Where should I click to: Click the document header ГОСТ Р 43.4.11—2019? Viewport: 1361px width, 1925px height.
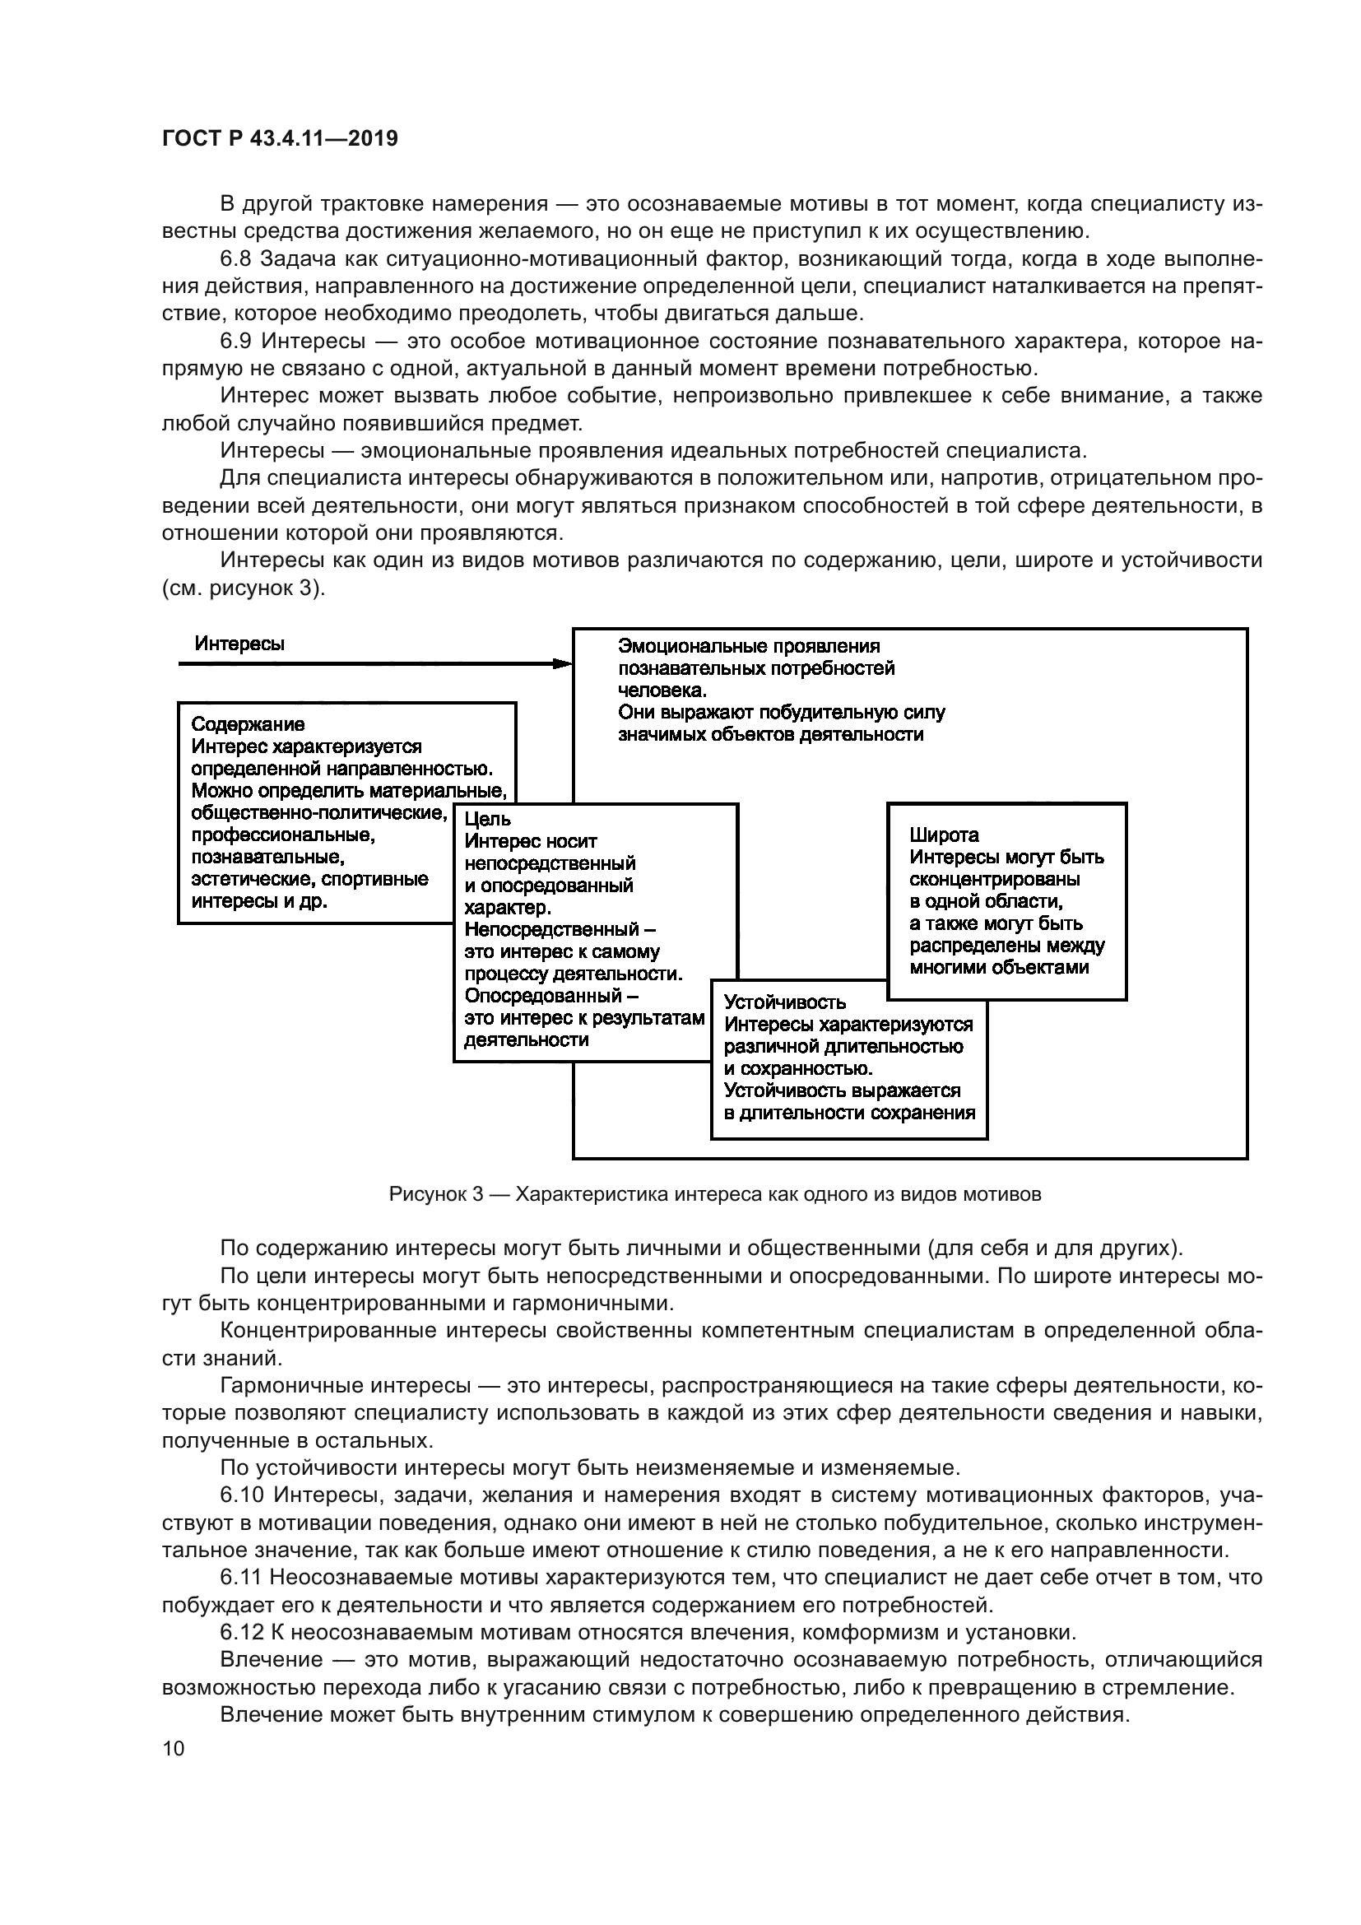(x=280, y=138)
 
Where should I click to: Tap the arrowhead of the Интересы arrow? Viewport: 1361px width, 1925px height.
(x=563, y=663)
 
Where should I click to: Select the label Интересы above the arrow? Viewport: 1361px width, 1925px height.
(x=239, y=643)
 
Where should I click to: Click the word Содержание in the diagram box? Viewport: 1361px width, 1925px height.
(x=247, y=723)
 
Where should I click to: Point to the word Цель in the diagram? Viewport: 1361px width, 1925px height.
(x=488, y=819)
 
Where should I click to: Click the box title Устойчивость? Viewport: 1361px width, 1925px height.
(x=784, y=1002)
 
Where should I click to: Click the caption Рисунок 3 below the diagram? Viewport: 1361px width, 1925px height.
(x=436, y=1195)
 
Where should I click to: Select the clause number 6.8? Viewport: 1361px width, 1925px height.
(x=236, y=259)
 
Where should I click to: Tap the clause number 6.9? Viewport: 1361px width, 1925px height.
(x=236, y=342)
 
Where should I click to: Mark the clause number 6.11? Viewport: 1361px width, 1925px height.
(x=241, y=1577)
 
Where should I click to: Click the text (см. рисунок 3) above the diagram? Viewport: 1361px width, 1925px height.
(x=243, y=588)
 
